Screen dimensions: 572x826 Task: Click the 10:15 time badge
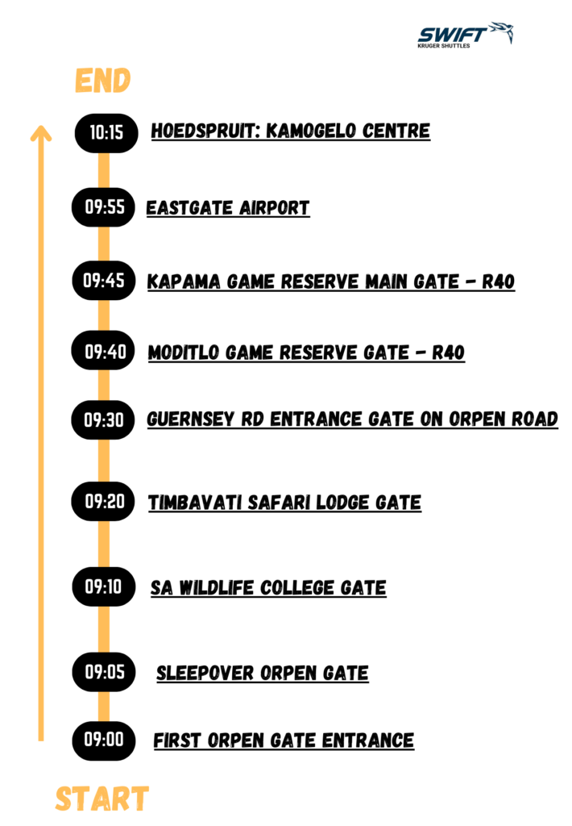pyautogui.click(x=106, y=133)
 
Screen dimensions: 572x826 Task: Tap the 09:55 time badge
pyautogui.click(x=104, y=207)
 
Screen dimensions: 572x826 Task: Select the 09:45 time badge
pyautogui.click(x=104, y=280)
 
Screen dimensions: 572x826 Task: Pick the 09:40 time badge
pyautogui.click(x=104, y=351)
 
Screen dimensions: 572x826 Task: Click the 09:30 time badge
pyautogui.click(x=104, y=419)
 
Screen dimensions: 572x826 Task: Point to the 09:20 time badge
pyautogui.click(x=104, y=501)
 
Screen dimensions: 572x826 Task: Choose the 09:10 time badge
pyautogui.click(x=104, y=586)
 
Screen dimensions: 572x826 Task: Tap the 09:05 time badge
pyautogui.click(x=104, y=672)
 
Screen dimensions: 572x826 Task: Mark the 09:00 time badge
pyautogui.click(x=104, y=740)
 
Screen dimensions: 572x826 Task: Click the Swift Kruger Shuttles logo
pyautogui.click(x=465, y=35)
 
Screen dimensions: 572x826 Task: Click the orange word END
pyautogui.click(x=102, y=81)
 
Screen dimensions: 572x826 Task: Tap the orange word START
pyautogui.click(x=102, y=799)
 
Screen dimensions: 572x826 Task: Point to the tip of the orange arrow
pyautogui.click(x=41, y=125)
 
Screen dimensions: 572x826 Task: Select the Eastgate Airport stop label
pyautogui.click(x=228, y=207)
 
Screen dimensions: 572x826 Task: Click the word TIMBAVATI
pyautogui.click(x=194, y=503)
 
